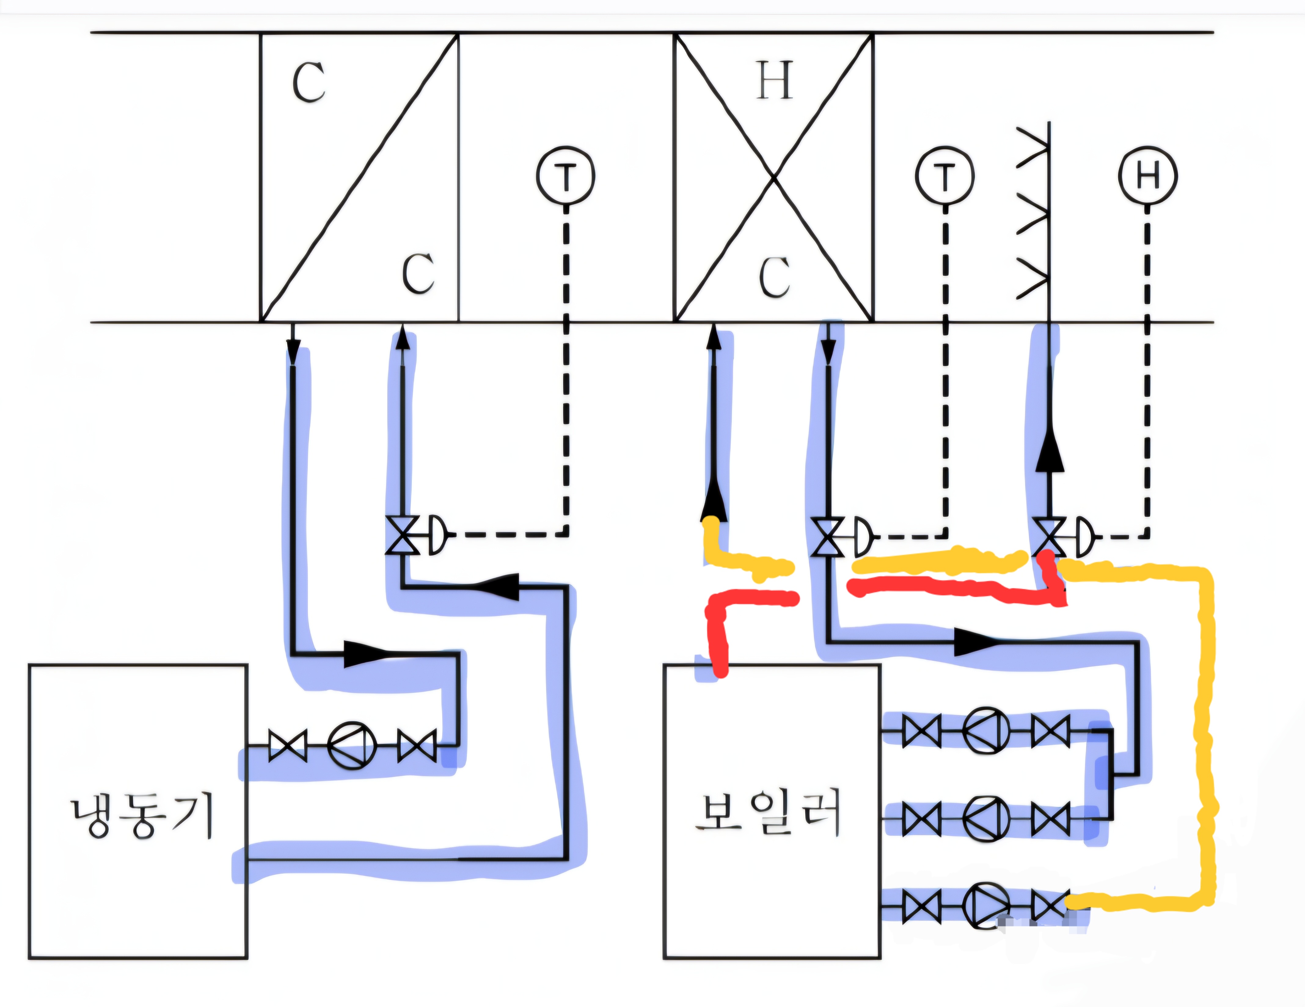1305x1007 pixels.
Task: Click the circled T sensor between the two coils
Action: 565,176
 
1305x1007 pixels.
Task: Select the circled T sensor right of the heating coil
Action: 945,176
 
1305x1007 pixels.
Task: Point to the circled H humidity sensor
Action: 1147,176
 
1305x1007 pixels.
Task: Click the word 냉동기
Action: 142,816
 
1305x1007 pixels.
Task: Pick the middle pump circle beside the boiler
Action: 986,818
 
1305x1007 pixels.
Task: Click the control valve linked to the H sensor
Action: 1050,537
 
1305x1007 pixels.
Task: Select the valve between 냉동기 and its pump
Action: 288,745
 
